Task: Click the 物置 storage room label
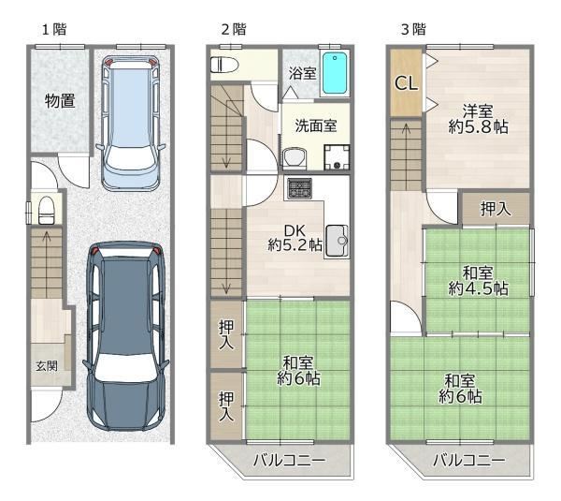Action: click(60, 101)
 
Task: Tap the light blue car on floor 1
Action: click(130, 123)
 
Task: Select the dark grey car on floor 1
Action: click(125, 336)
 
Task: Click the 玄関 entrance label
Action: click(47, 366)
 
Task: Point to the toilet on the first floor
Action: click(46, 210)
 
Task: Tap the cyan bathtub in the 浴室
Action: click(335, 73)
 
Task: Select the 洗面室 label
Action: click(316, 125)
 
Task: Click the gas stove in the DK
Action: click(300, 188)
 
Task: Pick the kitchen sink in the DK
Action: click(337, 241)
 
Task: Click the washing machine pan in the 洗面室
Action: click(337, 157)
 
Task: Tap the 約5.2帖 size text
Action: click(295, 245)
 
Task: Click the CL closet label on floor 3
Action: click(406, 83)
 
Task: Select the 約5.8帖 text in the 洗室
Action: click(478, 126)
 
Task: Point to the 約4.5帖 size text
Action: click(478, 288)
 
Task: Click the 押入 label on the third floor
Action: click(496, 209)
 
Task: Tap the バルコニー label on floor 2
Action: click(289, 460)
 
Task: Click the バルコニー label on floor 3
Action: click(469, 460)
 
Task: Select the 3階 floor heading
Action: click(413, 29)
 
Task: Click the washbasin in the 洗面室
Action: click(295, 157)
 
